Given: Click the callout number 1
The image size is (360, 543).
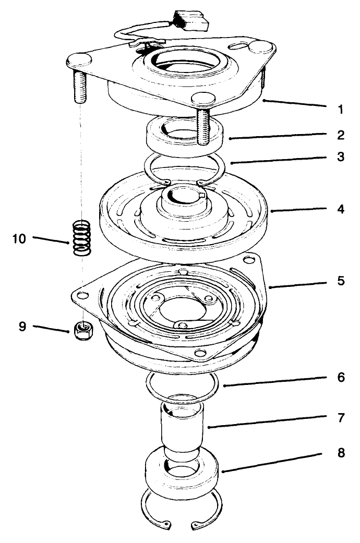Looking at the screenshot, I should coord(340,110).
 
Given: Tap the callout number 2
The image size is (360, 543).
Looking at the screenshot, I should coord(340,136).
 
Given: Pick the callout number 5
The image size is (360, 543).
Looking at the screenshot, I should coord(340,281).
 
